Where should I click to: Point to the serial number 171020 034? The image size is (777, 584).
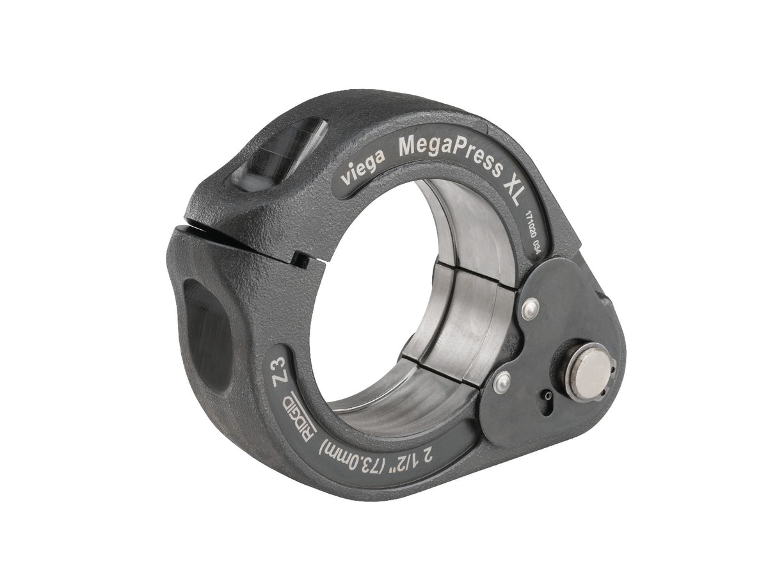[x=529, y=234]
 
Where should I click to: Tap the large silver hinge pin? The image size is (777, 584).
[x=589, y=371]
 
